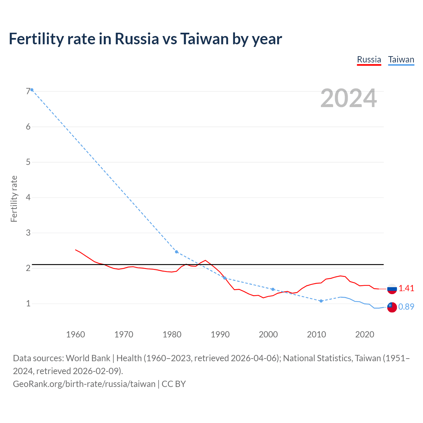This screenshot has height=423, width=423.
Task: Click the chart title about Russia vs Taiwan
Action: (145, 39)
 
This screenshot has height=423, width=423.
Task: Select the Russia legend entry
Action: (369, 59)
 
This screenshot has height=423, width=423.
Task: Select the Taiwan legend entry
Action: (401, 59)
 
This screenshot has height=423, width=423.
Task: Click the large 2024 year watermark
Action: (348, 98)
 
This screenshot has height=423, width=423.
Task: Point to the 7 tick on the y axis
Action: (28, 92)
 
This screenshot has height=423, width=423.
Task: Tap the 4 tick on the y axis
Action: (28, 198)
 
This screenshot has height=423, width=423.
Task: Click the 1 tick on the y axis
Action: (28, 303)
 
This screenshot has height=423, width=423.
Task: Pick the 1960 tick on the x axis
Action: (75, 334)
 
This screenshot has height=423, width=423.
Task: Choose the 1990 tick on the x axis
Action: (220, 334)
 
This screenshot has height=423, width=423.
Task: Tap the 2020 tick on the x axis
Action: (365, 334)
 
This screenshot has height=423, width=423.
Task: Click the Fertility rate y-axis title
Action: (14, 199)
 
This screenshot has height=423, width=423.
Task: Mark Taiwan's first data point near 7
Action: (32, 90)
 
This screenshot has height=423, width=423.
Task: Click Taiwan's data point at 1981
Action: (176, 252)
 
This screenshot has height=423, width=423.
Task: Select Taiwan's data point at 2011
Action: (321, 301)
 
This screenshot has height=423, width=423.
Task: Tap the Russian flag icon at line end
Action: (392, 289)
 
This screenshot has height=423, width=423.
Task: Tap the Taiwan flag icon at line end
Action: (392, 307)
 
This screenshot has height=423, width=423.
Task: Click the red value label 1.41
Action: (406, 288)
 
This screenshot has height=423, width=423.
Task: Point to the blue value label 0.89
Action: (406, 307)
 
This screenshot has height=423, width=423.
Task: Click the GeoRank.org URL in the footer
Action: (84, 384)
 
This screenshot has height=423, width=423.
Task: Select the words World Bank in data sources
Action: (88, 358)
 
